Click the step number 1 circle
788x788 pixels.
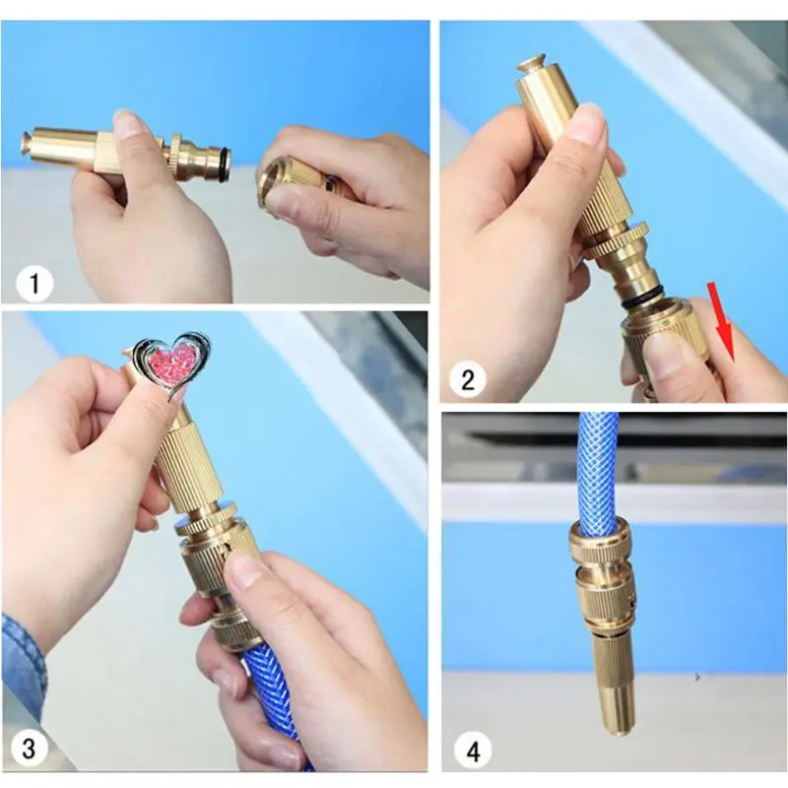click(x=34, y=284)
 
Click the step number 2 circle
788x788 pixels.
click(x=467, y=379)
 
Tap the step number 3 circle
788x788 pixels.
click(x=30, y=748)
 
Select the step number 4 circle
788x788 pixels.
click(x=473, y=752)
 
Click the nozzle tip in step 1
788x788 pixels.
click(x=27, y=143)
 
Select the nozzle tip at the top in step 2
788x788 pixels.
click(x=531, y=64)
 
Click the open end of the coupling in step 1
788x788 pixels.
click(x=270, y=183)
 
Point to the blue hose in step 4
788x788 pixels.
click(x=597, y=470)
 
